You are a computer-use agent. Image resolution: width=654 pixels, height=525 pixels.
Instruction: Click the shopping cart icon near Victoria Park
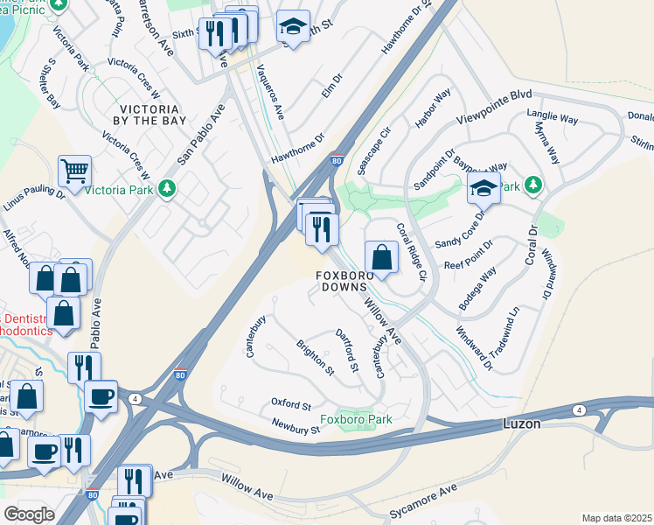[x=75, y=171]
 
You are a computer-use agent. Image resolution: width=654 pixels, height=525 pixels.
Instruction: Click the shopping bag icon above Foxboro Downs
[x=381, y=257]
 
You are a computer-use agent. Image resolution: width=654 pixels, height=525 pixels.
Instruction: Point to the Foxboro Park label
[x=356, y=419]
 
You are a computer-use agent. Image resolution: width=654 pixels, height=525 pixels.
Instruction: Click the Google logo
[x=29, y=514]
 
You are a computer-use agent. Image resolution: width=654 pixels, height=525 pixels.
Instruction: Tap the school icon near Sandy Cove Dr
[x=483, y=185]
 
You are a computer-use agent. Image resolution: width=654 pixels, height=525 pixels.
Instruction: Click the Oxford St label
[x=291, y=405]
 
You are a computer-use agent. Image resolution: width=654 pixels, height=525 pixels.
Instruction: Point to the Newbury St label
[x=294, y=430]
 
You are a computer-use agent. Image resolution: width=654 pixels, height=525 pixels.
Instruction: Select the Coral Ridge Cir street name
[x=410, y=252]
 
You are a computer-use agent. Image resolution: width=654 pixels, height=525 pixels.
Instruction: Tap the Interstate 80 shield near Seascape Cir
[x=337, y=160]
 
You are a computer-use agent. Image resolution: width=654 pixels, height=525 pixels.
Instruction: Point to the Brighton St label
[x=316, y=358]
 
